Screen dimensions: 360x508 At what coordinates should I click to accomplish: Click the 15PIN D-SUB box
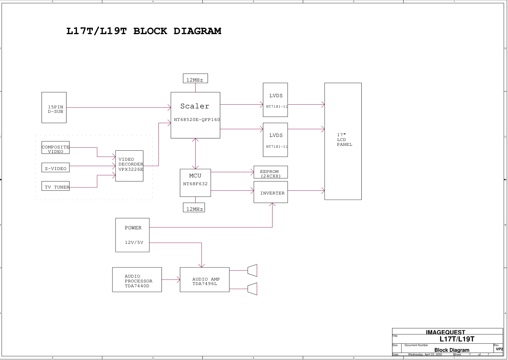click(54, 108)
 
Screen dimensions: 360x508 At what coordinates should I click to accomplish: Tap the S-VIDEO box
click(55, 168)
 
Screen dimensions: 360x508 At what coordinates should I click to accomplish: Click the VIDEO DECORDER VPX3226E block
click(129, 166)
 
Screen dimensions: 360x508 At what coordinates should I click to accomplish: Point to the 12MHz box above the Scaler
click(195, 79)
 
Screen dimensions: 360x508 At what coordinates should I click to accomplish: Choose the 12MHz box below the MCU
click(194, 208)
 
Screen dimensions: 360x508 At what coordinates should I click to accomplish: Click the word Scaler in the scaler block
click(195, 106)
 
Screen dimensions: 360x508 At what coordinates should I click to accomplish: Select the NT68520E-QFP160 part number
click(197, 120)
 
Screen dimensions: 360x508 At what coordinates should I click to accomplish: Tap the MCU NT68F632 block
click(195, 183)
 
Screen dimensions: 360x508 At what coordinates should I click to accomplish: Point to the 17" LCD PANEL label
click(344, 140)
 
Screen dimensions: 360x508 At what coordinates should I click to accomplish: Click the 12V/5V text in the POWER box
click(134, 242)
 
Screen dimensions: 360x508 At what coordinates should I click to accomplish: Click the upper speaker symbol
click(253, 271)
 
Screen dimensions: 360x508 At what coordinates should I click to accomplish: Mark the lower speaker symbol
click(253, 289)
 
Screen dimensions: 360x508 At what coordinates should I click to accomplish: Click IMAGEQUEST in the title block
click(445, 333)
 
